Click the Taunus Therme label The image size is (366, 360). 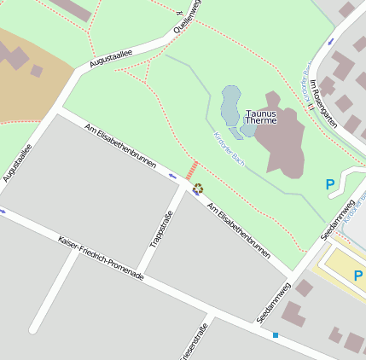(261, 117)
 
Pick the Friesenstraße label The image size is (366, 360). (192, 345)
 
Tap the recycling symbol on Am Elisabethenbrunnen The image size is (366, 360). (199, 189)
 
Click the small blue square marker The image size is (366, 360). (276, 335)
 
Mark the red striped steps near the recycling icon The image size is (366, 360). (192, 170)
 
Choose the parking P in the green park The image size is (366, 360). (330, 183)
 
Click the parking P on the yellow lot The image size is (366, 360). (358, 276)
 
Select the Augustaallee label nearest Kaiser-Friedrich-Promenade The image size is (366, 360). (18, 162)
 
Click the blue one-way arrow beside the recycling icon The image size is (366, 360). (173, 177)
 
